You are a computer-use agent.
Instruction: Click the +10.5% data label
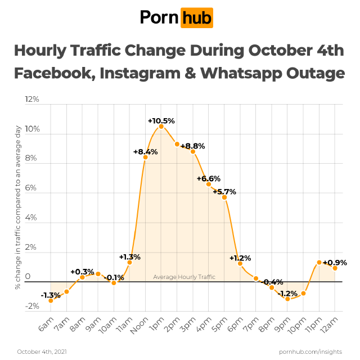pos(161,120)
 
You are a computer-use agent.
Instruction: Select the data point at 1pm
pos(161,127)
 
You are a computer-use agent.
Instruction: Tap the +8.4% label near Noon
pos(145,151)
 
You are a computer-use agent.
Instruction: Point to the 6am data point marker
pos(51,300)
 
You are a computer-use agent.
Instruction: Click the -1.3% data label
pos(50,295)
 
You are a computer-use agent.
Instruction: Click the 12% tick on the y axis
pos(32,100)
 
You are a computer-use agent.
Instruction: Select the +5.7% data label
pos(224,191)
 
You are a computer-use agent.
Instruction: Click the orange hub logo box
pos(196,18)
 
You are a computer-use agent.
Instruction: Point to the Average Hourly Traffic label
pos(184,277)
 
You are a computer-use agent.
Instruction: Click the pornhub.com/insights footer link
pos(310,352)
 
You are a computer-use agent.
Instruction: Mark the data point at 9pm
pos(287,299)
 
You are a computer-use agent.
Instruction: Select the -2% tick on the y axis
pos(32,307)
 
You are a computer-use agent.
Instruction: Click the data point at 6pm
pos(240,263)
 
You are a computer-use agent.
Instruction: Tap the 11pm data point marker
pos(319,262)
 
